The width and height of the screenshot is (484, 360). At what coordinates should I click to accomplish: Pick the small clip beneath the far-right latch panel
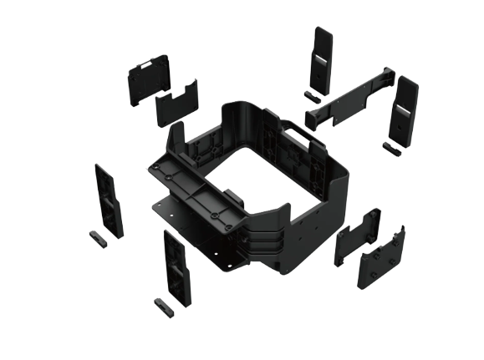tap(391, 147)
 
